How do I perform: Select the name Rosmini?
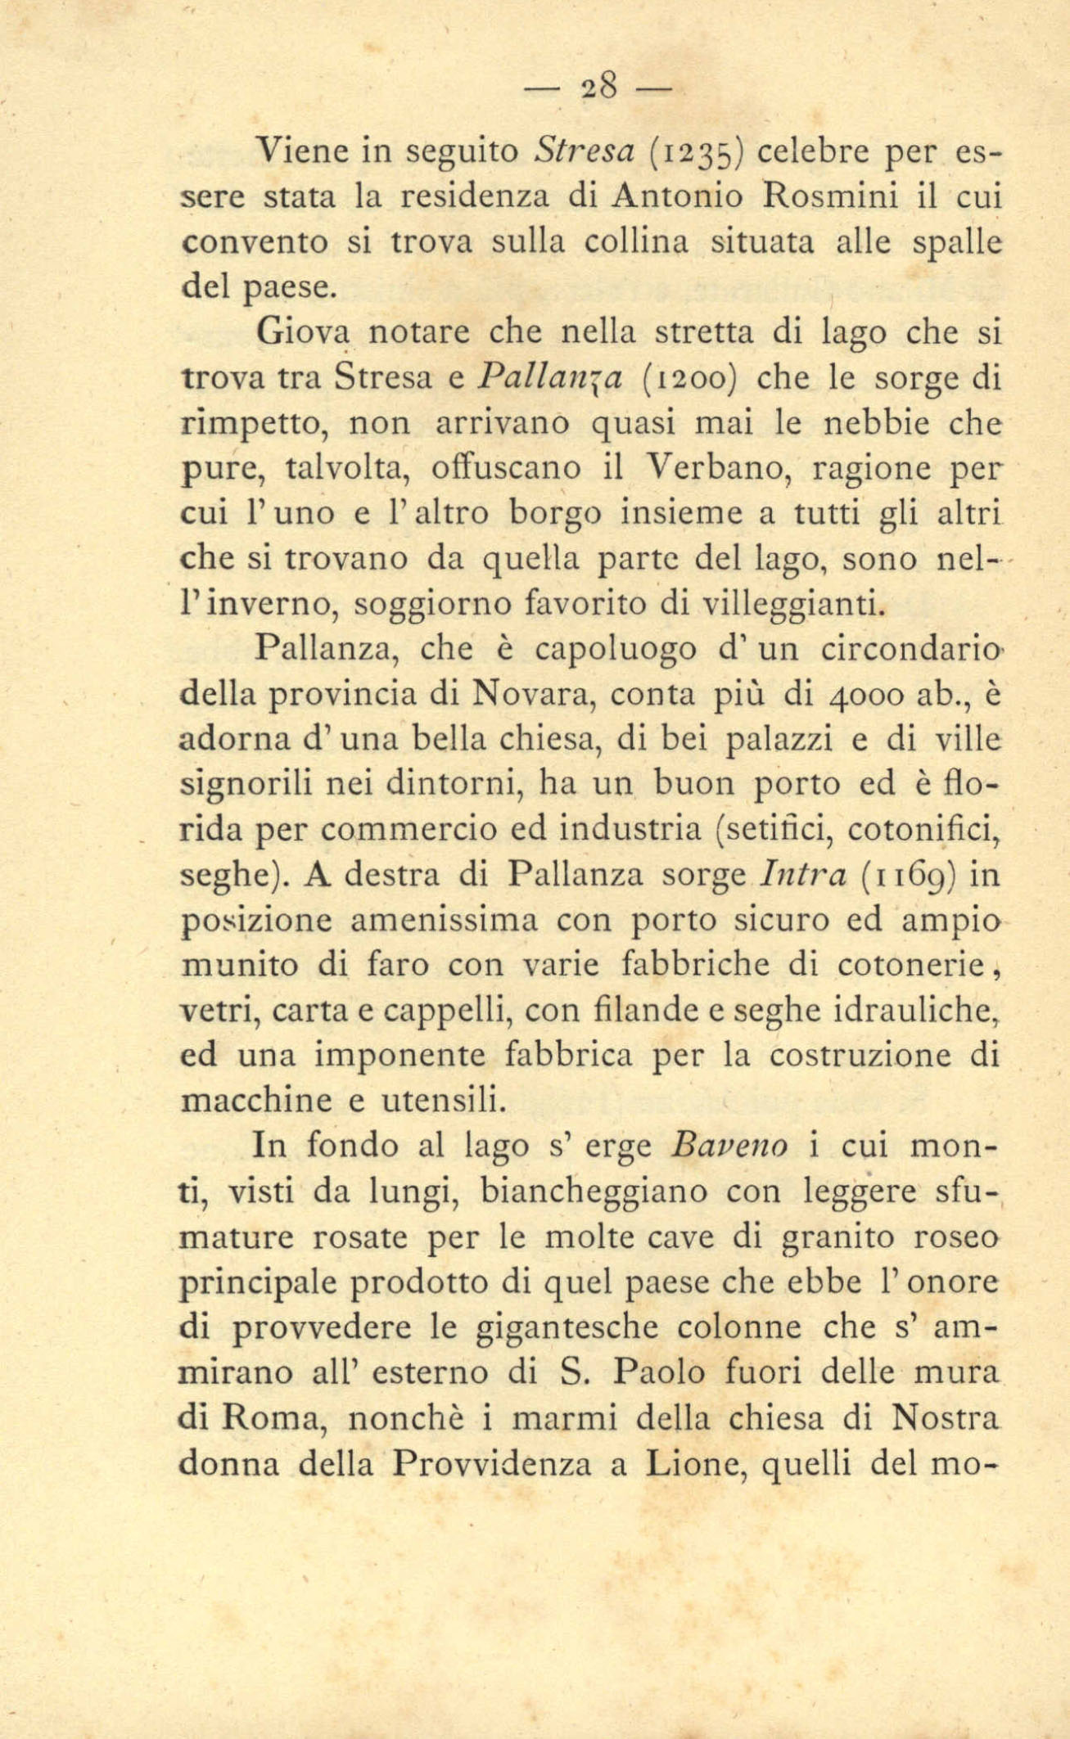(832, 197)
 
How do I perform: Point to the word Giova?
(303, 332)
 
